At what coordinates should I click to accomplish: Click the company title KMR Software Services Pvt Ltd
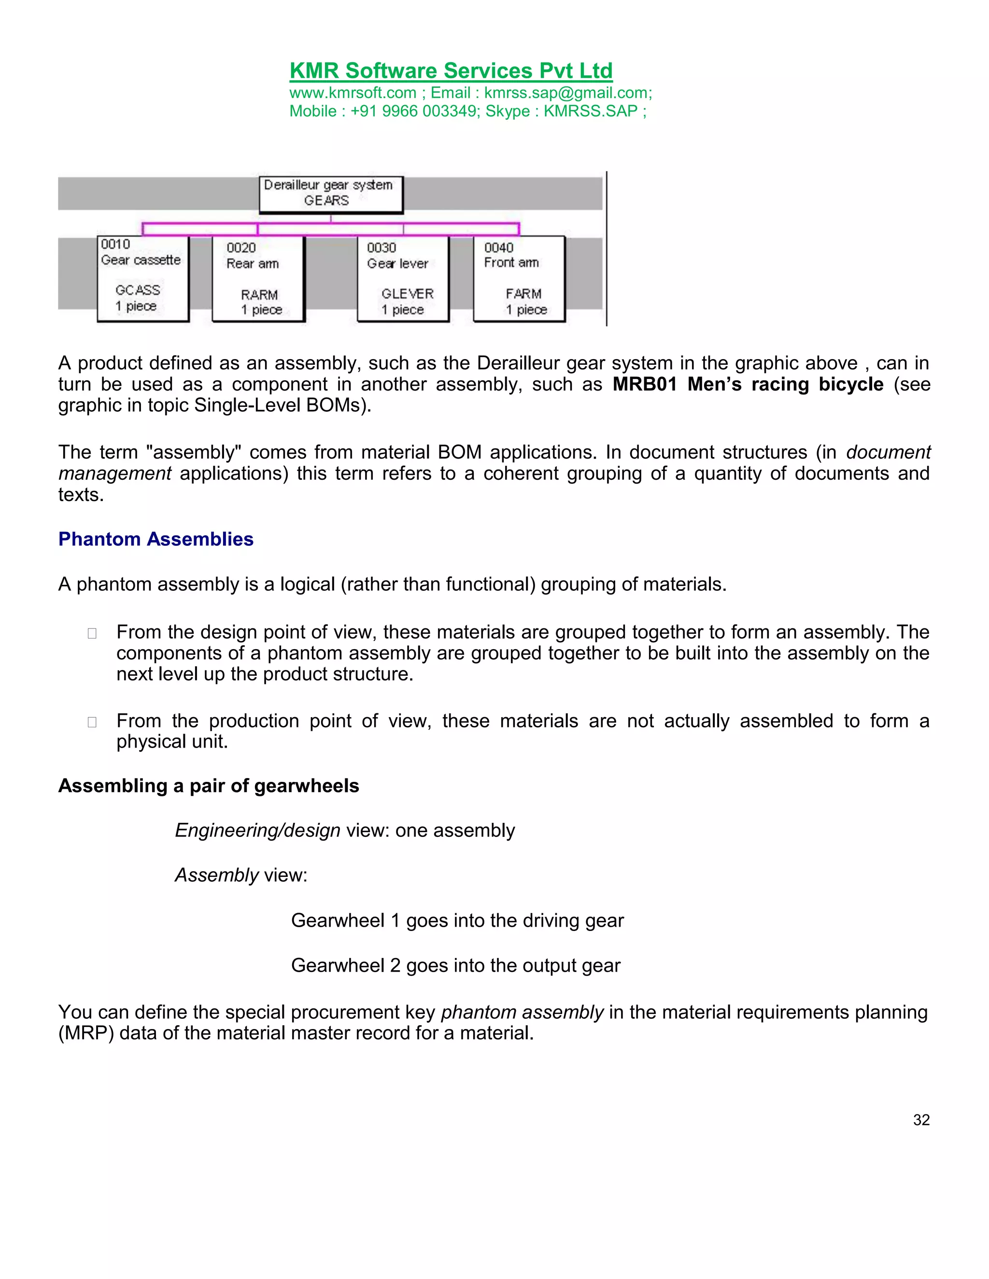coord(451,71)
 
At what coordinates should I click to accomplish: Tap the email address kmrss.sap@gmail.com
coord(566,93)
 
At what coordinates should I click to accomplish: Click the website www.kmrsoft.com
coord(352,93)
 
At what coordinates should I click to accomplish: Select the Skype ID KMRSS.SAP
coord(590,111)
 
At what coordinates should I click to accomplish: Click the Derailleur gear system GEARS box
coord(331,194)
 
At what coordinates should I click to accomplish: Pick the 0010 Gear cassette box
coord(142,278)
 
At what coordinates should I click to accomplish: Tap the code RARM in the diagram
coord(259,294)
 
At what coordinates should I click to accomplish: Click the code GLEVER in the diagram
coord(407,294)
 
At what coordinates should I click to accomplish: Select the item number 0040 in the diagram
coord(498,248)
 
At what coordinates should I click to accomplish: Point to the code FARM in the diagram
coord(523,294)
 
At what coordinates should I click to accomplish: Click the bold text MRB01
coord(645,385)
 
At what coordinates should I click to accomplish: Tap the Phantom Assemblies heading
coord(156,540)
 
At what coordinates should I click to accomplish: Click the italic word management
coord(115,474)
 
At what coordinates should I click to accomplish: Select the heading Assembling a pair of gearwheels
coord(209,786)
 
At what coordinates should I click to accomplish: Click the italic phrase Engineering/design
coord(257,831)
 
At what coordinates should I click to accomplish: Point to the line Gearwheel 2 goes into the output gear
coord(455,965)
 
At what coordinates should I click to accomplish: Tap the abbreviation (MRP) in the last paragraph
coord(85,1033)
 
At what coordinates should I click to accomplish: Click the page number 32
coord(921,1120)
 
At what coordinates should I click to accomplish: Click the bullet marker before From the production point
coord(92,722)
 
